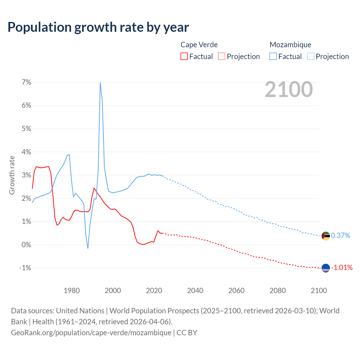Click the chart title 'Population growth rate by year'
(x=98, y=27)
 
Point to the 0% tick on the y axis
(x=26, y=245)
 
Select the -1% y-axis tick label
(x=25, y=268)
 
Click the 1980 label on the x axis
(x=72, y=291)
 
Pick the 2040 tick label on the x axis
(x=195, y=291)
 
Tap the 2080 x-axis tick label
(x=278, y=291)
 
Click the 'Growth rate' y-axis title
(x=12, y=175)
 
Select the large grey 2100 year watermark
(x=289, y=89)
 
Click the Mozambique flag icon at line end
(x=326, y=236)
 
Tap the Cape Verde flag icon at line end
(x=326, y=268)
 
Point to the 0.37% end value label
(x=341, y=236)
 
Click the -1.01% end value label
(x=342, y=267)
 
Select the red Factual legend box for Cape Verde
(x=184, y=57)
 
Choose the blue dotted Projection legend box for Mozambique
(x=311, y=57)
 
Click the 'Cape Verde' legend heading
(x=199, y=45)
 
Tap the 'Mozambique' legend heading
(x=290, y=45)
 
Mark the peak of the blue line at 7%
(x=100, y=83)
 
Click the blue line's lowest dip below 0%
(x=88, y=248)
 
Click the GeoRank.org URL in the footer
(x=91, y=332)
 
